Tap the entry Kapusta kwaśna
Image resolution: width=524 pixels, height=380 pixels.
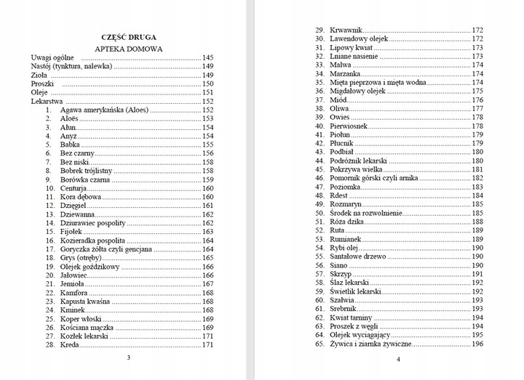click(x=85, y=302)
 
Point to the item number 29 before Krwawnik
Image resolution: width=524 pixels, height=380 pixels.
click(x=319, y=30)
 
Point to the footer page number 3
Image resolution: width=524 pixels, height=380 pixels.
click(x=128, y=357)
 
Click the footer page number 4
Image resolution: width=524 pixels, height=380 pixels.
click(x=398, y=360)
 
